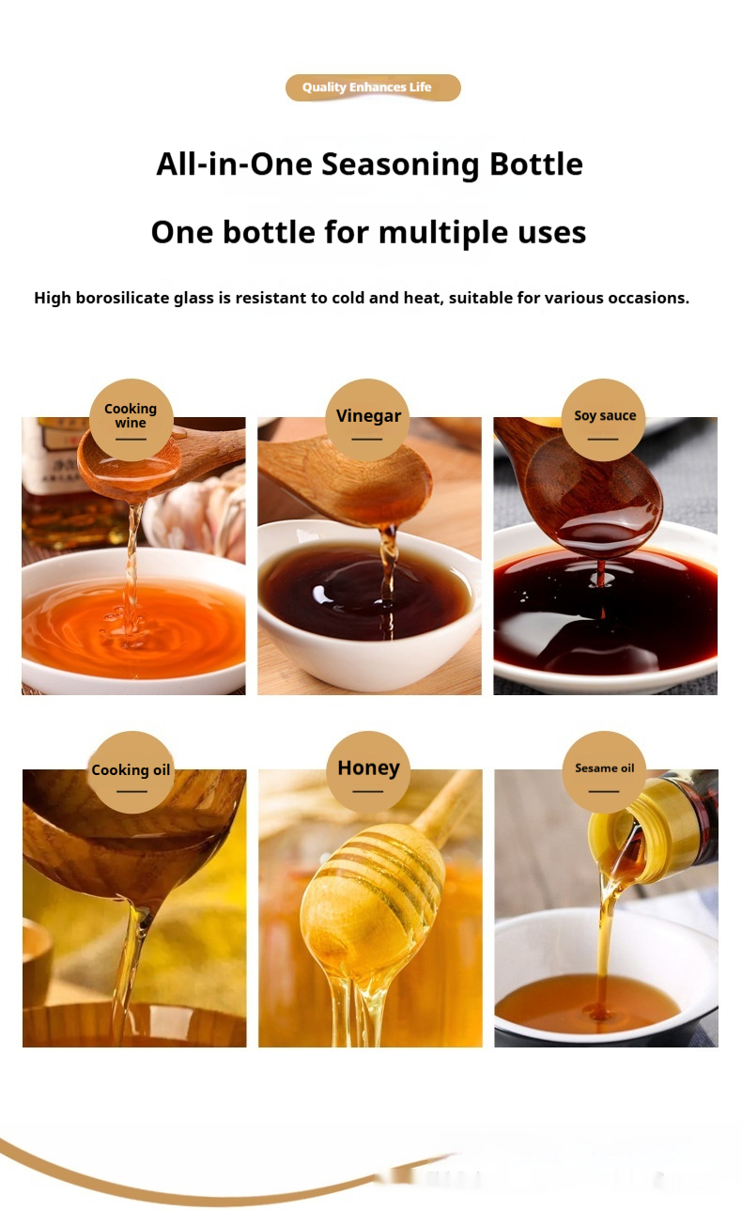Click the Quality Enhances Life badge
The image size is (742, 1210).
click(373, 87)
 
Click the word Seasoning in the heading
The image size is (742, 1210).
click(400, 163)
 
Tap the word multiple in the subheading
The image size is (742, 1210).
click(443, 232)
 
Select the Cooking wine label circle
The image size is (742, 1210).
click(131, 420)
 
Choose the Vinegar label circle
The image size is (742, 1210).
click(368, 420)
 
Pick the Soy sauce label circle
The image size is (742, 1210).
click(604, 420)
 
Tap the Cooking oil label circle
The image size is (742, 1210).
click(131, 772)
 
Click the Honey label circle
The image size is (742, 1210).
click(368, 772)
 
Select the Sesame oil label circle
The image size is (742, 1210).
click(604, 772)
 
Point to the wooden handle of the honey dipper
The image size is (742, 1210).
click(447, 799)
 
